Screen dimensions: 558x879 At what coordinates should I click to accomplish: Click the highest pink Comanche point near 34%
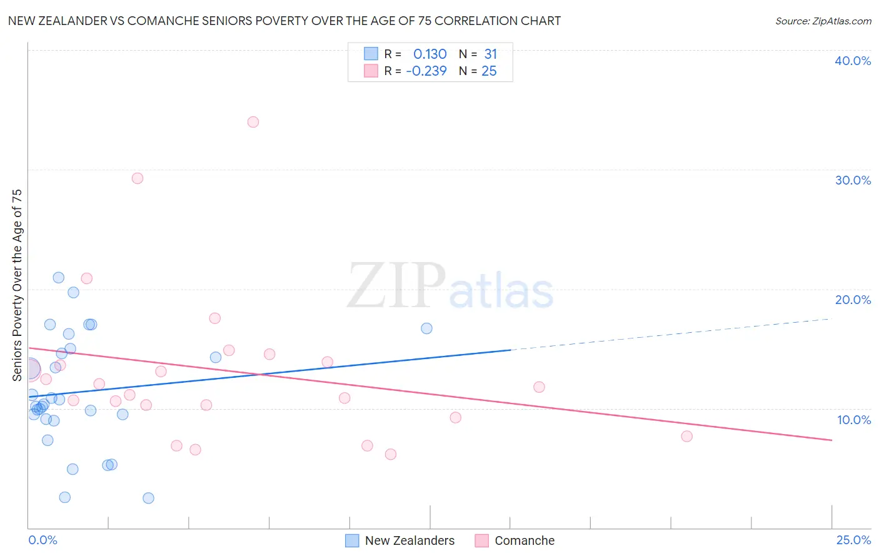pyautogui.click(x=253, y=122)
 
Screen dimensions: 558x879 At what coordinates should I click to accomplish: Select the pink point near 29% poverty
pyautogui.click(x=138, y=178)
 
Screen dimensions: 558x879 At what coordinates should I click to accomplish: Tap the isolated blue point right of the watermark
pyautogui.click(x=426, y=328)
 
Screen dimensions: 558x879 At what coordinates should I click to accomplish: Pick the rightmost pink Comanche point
pyautogui.click(x=686, y=436)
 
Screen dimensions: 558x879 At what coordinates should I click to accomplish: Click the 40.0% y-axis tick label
pyautogui.click(x=853, y=61)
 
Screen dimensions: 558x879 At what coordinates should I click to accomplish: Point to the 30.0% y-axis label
pyautogui.click(x=853, y=180)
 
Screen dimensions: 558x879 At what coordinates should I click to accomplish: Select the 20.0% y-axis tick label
pyautogui.click(x=853, y=300)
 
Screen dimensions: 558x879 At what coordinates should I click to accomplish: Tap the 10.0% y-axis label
pyautogui.click(x=854, y=420)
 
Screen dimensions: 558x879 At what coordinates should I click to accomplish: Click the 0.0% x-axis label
pyautogui.click(x=43, y=540)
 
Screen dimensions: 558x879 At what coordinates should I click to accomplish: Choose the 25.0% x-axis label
pyautogui.click(x=853, y=540)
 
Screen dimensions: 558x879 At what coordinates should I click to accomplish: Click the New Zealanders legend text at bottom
pyautogui.click(x=409, y=540)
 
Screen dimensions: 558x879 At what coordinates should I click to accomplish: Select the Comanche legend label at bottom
pyautogui.click(x=525, y=540)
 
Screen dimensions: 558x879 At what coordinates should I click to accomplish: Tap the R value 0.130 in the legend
pyautogui.click(x=429, y=54)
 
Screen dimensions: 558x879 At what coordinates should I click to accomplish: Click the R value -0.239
pyautogui.click(x=426, y=71)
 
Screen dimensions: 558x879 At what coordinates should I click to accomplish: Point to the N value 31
pyautogui.click(x=490, y=54)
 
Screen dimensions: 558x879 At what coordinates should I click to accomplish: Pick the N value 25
pyautogui.click(x=489, y=71)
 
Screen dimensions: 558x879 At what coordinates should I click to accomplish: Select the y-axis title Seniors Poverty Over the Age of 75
pyautogui.click(x=18, y=285)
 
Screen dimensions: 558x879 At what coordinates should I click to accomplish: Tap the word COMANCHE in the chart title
pyautogui.click(x=166, y=21)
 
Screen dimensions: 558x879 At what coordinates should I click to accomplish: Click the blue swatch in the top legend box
pyautogui.click(x=371, y=54)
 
